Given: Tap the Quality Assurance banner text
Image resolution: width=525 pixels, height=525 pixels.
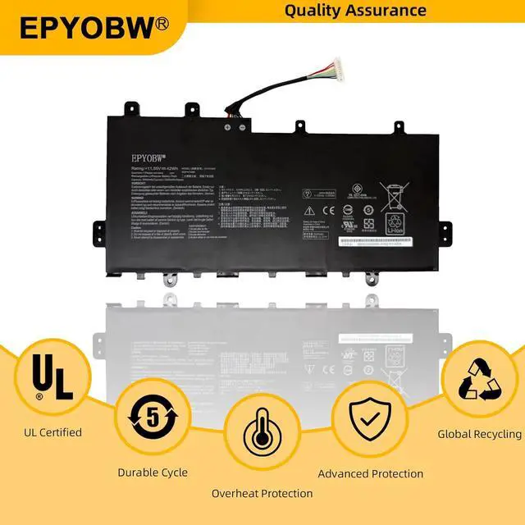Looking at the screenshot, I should (x=354, y=11).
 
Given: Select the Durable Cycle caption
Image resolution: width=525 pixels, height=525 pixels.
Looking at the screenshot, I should (x=153, y=472).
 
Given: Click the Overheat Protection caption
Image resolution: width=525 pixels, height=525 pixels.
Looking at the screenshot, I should (x=262, y=493).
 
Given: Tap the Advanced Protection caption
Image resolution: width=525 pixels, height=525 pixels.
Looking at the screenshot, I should (x=371, y=473).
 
